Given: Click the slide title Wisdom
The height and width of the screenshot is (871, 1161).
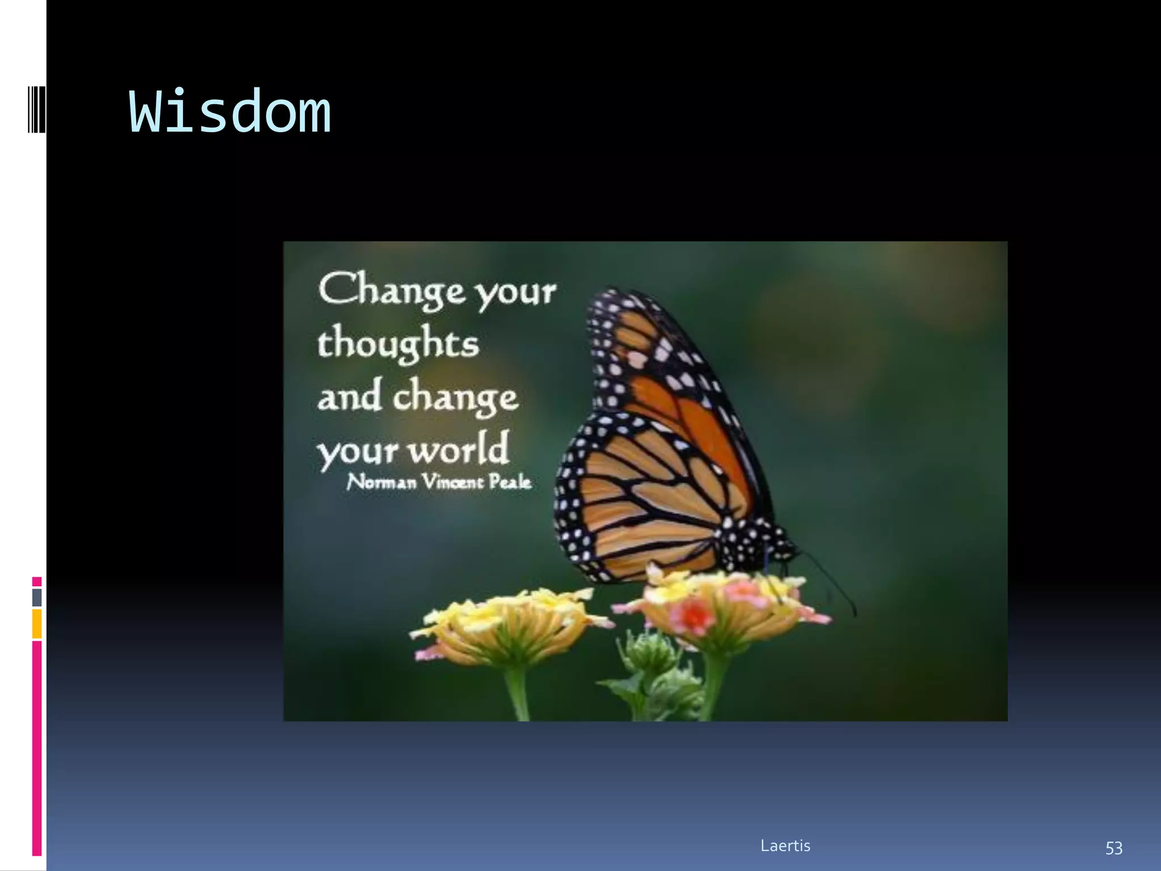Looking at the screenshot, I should (x=230, y=112).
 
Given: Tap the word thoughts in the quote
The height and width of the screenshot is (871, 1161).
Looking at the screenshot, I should (x=398, y=344).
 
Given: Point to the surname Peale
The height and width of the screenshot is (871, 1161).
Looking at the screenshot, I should (x=510, y=482).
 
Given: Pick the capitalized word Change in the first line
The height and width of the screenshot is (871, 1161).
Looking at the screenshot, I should (x=392, y=290).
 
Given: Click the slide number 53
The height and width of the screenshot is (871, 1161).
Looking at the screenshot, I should (x=1113, y=848).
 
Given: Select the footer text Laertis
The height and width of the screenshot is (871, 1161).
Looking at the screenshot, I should (x=785, y=845).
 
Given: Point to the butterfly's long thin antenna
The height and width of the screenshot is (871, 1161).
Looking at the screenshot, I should (x=831, y=584).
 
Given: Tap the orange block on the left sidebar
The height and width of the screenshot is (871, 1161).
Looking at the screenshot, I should (x=37, y=623).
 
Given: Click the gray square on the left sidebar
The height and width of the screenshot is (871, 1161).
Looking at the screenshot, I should (x=37, y=597).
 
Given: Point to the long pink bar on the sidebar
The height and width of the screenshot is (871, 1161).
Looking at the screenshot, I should (x=37, y=749).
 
